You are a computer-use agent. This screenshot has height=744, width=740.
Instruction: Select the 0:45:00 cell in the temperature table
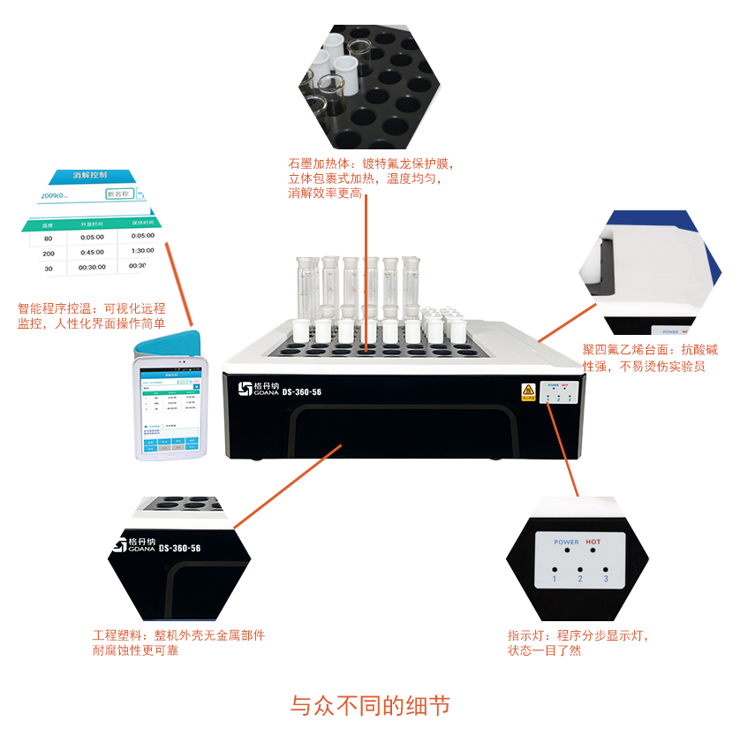93,253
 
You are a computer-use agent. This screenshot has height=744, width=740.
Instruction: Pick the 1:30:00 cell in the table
142,250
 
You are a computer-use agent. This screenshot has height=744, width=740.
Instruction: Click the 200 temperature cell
49,254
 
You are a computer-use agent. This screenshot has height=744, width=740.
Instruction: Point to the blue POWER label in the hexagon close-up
566,542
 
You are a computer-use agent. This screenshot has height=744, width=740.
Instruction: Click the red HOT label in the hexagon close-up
593,542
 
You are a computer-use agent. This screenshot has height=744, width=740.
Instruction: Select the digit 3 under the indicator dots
606,579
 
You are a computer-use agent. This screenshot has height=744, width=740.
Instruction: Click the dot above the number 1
555,568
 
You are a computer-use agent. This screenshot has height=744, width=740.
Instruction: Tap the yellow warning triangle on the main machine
528,389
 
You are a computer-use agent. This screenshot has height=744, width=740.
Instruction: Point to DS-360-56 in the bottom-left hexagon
180,549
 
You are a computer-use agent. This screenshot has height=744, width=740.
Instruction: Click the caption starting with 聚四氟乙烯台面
643,358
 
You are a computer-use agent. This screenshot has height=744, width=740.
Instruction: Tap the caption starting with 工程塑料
178,642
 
